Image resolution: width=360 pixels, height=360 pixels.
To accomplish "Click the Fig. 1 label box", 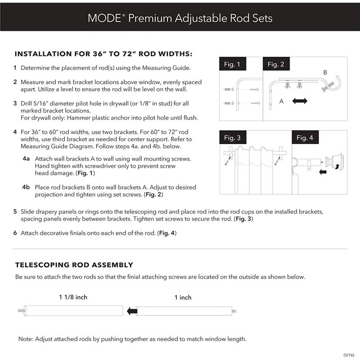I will pyautogui.click(x=232, y=64).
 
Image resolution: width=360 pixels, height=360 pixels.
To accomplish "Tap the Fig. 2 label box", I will pyautogui.click(x=276, y=64).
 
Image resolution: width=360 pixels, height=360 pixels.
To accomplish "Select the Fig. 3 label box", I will pyautogui.click(x=232, y=138).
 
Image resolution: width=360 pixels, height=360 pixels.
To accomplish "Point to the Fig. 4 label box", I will pyautogui.click(x=305, y=138).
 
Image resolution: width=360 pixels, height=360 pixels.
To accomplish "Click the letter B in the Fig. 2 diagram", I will pyautogui.click(x=325, y=72).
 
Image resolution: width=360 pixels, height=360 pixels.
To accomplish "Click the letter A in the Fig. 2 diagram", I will pyautogui.click(x=281, y=101).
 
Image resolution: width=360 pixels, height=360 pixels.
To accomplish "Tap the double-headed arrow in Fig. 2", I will pyautogui.click(x=299, y=101).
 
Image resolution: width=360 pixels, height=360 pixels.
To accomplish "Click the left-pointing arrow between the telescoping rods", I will pyautogui.click(x=131, y=311).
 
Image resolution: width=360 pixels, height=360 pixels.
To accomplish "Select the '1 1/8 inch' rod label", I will pyautogui.click(x=73, y=297).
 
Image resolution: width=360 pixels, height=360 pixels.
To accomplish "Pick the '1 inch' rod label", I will pyautogui.click(x=183, y=297).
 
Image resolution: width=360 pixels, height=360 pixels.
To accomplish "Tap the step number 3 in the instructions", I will pyautogui.click(x=15, y=103).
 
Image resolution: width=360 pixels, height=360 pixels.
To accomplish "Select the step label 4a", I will pyautogui.click(x=26, y=159).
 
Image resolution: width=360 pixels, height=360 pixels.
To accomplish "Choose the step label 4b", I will pyautogui.click(x=26, y=187).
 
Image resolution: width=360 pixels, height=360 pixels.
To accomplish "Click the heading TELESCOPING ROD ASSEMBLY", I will pyautogui.click(x=74, y=265).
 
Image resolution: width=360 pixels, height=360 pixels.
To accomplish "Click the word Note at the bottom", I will pyautogui.click(x=25, y=339).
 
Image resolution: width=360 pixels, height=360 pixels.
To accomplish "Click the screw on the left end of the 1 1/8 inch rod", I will pyautogui.click(x=21, y=311).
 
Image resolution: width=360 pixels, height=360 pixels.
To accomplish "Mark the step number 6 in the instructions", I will pyautogui.click(x=15, y=233).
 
